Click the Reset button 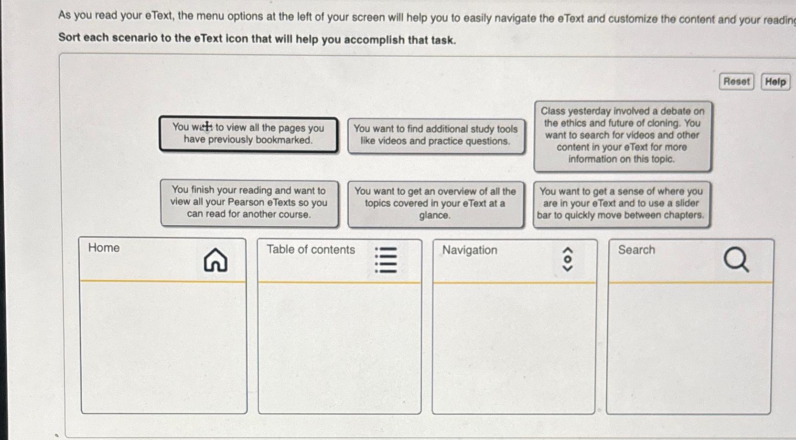pyautogui.click(x=736, y=82)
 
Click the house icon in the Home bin pyautogui.click(x=215, y=260)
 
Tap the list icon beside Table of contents pyautogui.click(x=386, y=260)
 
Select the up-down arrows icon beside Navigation pyautogui.click(x=567, y=260)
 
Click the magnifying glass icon pyautogui.click(x=735, y=260)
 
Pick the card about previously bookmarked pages pyautogui.click(x=248, y=135)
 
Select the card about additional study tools pyautogui.click(x=435, y=136)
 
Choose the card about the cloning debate pyautogui.click(x=622, y=136)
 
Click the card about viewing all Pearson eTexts pyautogui.click(x=249, y=203)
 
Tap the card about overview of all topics pyautogui.click(x=435, y=204)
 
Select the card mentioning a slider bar pyautogui.click(x=621, y=204)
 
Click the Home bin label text pyautogui.click(x=104, y=248)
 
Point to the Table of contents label pyautogui.click(x=311, y=250)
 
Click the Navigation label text pyautogui.click(x=469, y=250)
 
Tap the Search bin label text pyautogui.click(x=636, y=250)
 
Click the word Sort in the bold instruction pyautogui.click(x=69, y=37)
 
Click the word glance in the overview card pyautogui.click(x=434, y=216)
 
